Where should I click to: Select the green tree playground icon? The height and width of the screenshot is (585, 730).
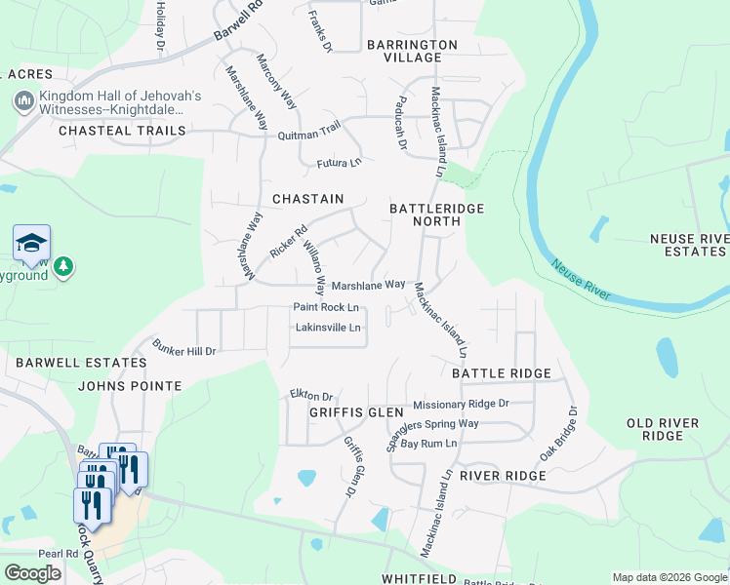(63, 266)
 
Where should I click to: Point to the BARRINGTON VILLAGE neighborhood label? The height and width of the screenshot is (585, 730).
(412, 52)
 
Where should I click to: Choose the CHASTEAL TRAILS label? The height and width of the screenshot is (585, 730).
(122, 130)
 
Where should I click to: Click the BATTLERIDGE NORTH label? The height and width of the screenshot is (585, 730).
(436, 215)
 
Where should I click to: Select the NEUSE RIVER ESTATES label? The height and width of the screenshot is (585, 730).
(689, 245)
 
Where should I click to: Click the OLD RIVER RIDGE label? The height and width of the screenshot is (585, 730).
(663, 429)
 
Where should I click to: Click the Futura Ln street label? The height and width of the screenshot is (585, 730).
(338, 162)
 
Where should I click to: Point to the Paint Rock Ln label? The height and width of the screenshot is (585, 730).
(327, 307)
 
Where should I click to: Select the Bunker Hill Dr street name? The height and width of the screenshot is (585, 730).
(183, 347)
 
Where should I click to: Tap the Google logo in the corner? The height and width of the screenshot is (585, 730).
(32, 573)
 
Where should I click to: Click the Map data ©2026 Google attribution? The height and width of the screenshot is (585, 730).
(669, 577)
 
